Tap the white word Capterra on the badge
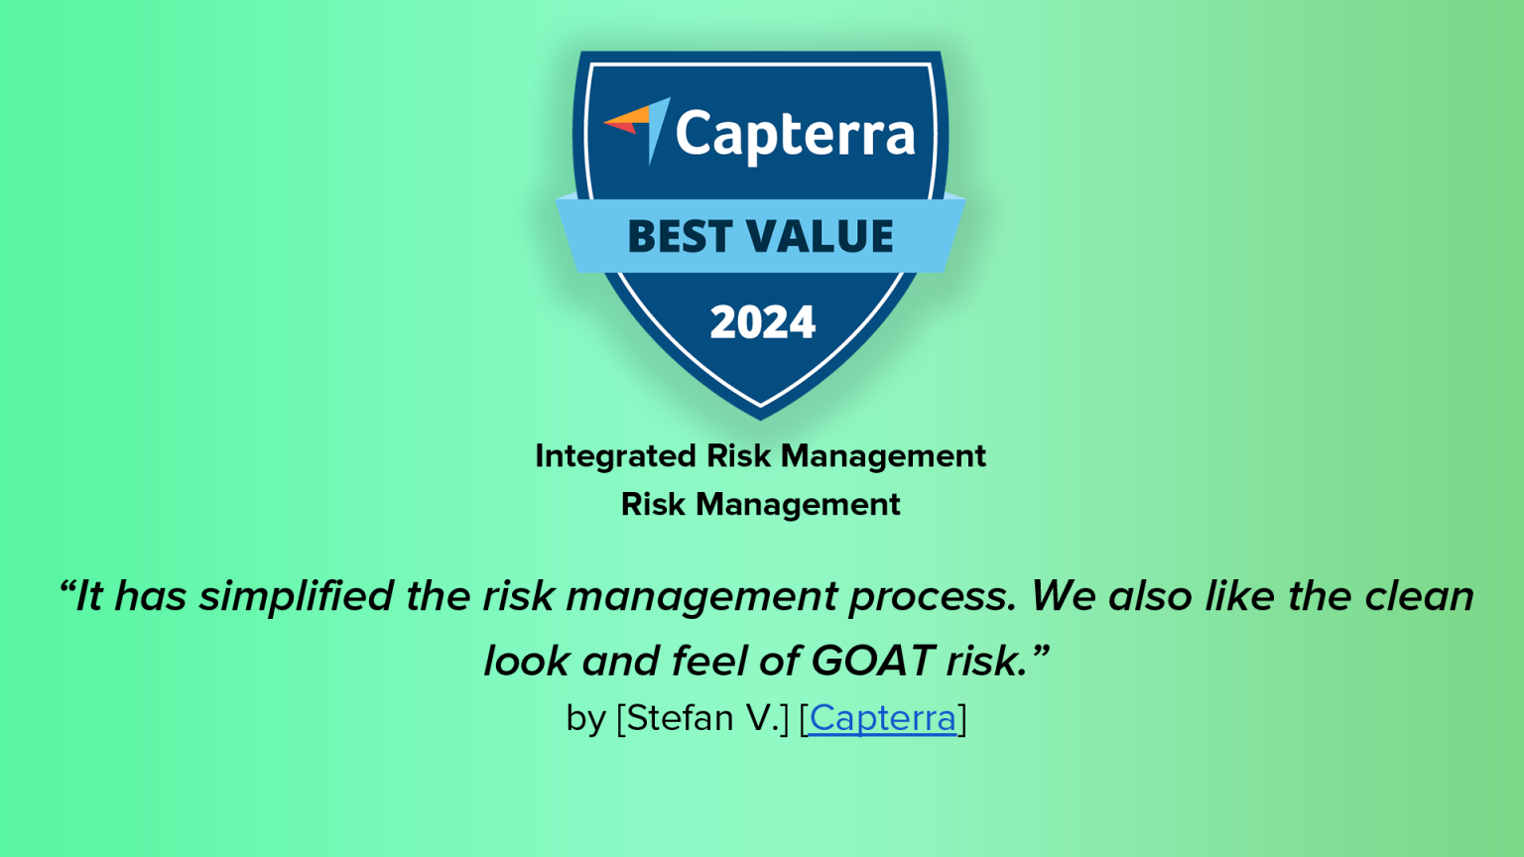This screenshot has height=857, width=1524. point(795,135)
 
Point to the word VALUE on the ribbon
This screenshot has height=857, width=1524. point(821,236)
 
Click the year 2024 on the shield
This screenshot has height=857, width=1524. point(762,322)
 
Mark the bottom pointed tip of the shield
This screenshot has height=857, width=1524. point(761,414)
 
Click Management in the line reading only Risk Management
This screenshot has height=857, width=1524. point(798,505)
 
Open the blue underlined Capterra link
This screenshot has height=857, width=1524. point(882,718)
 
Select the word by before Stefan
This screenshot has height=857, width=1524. point(585,718)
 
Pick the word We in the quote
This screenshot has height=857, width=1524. point(1064,597)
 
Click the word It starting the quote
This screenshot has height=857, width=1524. point(88,597)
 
